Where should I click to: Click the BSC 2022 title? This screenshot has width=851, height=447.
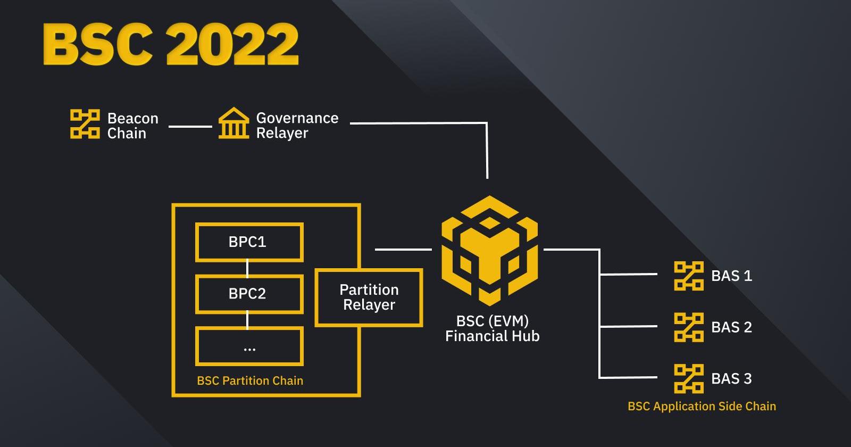[170, 44]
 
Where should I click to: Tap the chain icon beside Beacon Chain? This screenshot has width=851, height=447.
[85, 124]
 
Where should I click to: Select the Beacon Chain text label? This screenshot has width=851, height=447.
[132, 126]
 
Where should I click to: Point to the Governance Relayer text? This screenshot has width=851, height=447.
[297, 125]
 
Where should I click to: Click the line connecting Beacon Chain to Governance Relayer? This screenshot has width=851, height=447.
[190, 126]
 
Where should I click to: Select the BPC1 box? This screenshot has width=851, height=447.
[249, 242]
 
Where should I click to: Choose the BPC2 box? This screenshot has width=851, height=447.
[249, 294]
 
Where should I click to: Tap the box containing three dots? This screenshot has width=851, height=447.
[249, 346]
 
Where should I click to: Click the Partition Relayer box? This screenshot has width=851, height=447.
[369, 297]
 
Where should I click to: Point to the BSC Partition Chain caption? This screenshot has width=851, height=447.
[250, 380]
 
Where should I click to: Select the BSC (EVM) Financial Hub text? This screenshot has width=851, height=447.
[492, 328]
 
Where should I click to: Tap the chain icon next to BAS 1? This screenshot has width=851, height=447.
[688, 276]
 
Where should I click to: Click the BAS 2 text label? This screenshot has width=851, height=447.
[731, 327]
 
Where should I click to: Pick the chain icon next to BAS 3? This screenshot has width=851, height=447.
[688, 378]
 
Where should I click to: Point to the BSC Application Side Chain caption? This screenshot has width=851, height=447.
[702, 406]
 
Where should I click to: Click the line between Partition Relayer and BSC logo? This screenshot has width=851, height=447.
[403, 249]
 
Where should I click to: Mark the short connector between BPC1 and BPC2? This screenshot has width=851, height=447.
[247, 268]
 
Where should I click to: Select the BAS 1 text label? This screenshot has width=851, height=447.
[731, 276]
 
